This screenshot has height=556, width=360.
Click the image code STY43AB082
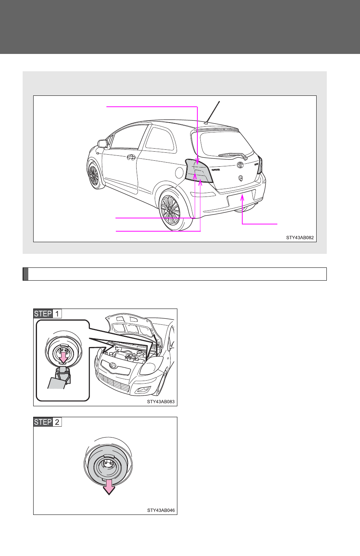point(300,238)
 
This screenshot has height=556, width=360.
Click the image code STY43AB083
point(161,402)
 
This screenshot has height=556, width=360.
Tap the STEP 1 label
point(48,314)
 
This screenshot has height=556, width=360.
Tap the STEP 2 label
point(48,422)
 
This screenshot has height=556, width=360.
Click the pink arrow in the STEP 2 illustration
point(109,487)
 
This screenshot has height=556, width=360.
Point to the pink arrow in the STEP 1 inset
point(63,357)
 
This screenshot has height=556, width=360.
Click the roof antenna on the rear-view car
point(212,112)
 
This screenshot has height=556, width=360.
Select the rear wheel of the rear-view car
point(170,210)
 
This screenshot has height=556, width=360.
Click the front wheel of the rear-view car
point(94,175)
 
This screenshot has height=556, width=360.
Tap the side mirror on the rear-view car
point(103,144)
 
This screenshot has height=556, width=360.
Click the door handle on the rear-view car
point(131,157)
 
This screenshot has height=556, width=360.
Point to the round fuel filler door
point(179,173)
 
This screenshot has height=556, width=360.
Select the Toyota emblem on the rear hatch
point(240,164)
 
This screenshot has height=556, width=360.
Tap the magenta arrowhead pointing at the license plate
point(242,197)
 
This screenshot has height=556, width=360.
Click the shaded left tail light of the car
point(198,170)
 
